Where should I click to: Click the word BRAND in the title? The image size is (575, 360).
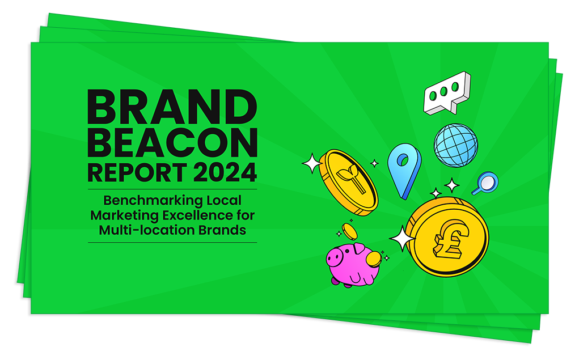[x=172, y=107]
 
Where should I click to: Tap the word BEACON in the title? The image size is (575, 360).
[x=172, y=143]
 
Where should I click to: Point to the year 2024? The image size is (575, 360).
[x=225, y=172]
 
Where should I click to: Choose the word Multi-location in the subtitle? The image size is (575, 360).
[x=147, y=230]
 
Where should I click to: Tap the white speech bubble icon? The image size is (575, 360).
[x=447, y=93]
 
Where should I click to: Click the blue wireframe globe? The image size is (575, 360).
[x=456, y=145]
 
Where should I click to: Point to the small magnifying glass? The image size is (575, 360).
[x=485, y=183]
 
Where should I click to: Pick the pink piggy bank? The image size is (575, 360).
[x=353, y=265]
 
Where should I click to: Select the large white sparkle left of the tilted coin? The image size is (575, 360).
[x=312, y=163]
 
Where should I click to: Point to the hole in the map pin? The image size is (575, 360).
[x=403, y=160]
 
